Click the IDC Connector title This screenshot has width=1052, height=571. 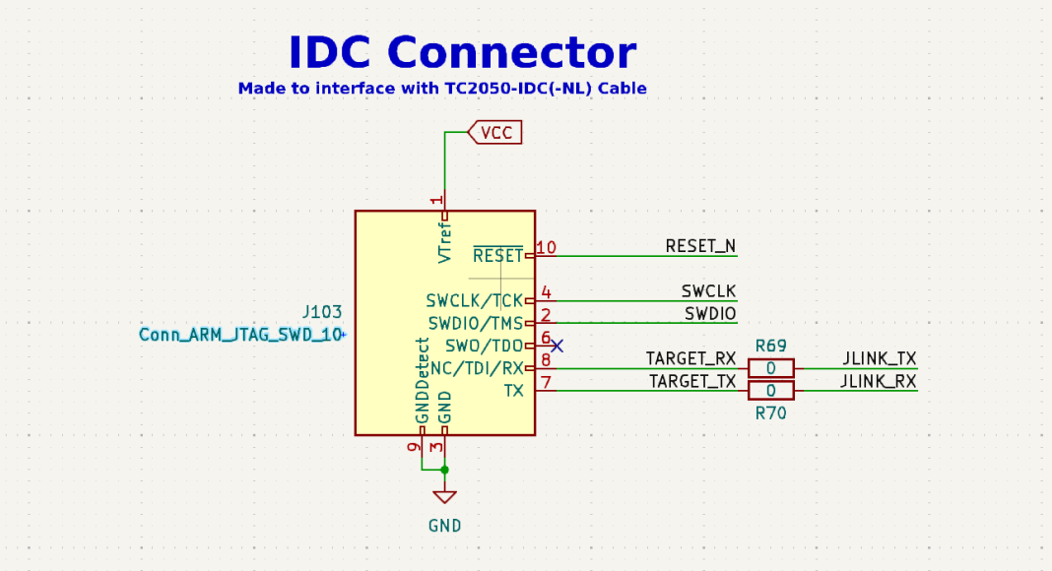462,52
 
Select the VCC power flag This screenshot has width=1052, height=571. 494,132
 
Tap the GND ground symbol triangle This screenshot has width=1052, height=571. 445,497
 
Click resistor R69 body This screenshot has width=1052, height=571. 771,368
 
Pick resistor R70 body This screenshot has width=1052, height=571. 771,391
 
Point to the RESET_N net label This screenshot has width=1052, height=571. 700,246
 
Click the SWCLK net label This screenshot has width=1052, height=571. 708,291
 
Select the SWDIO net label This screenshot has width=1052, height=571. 710,314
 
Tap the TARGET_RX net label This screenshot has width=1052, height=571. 690,359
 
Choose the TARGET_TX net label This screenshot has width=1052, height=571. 691,382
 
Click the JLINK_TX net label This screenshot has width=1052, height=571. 880,359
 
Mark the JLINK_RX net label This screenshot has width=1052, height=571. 879,382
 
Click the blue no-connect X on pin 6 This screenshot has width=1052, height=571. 557,346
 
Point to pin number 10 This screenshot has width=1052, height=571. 546,247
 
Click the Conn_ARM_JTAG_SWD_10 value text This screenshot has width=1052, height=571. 241,335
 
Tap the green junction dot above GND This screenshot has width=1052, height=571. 445,470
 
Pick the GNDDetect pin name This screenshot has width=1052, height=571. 423,382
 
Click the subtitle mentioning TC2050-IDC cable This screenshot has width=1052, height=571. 442,89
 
